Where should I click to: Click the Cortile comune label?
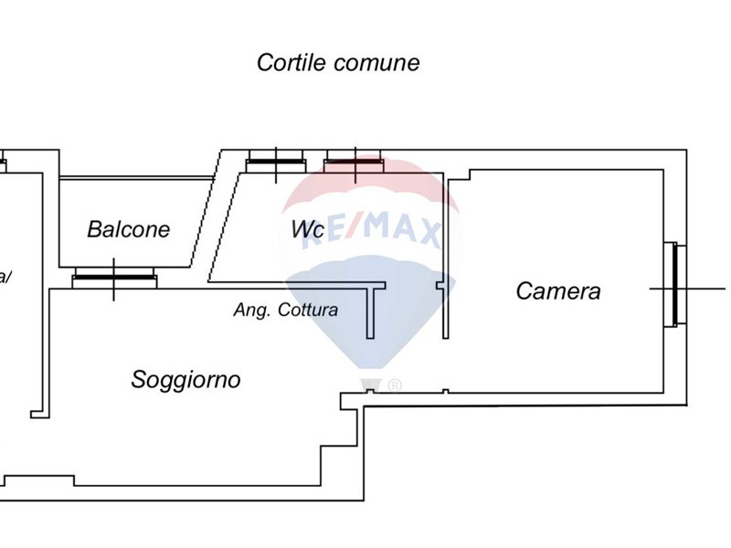click(338, 63)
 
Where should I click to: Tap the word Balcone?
click(129, 229)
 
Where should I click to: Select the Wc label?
click(307, 230)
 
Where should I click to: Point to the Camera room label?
click(558, 291)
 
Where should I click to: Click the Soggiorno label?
click(186, 379)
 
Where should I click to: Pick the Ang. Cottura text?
click(286, 310)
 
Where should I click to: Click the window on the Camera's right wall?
click(673, 285)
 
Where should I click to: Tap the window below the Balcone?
click(114, 276)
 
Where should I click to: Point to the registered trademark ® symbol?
click(395, 385)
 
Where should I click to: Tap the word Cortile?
click(291, 63)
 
